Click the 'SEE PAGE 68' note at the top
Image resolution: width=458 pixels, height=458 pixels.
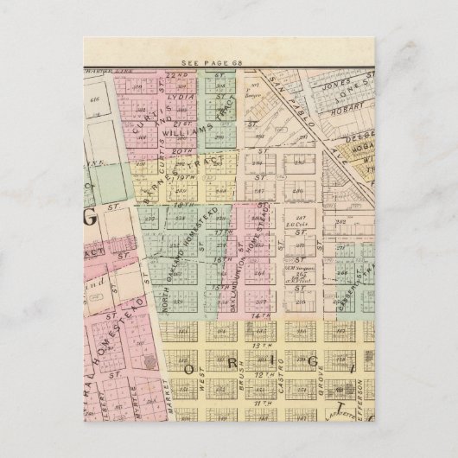coord(212,63)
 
